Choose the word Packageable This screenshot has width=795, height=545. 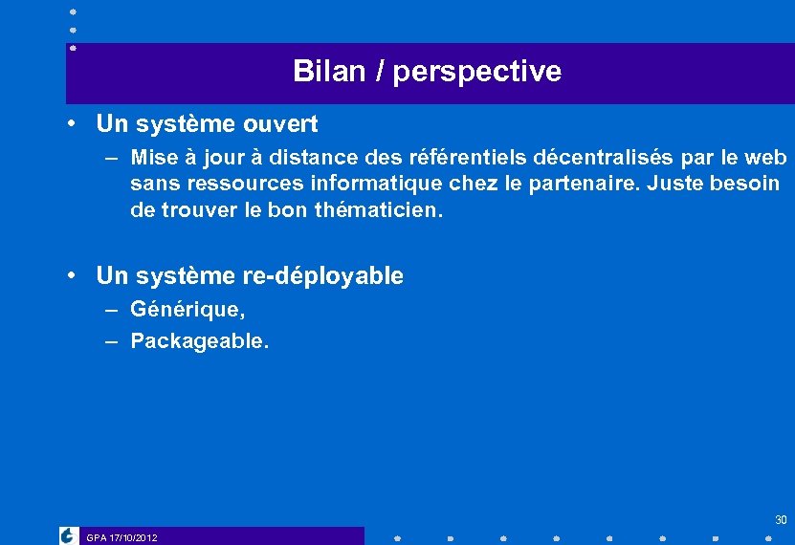click(199, 340)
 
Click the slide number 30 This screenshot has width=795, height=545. click(781, 520)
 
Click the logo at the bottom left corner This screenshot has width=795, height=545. click(68, 535)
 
